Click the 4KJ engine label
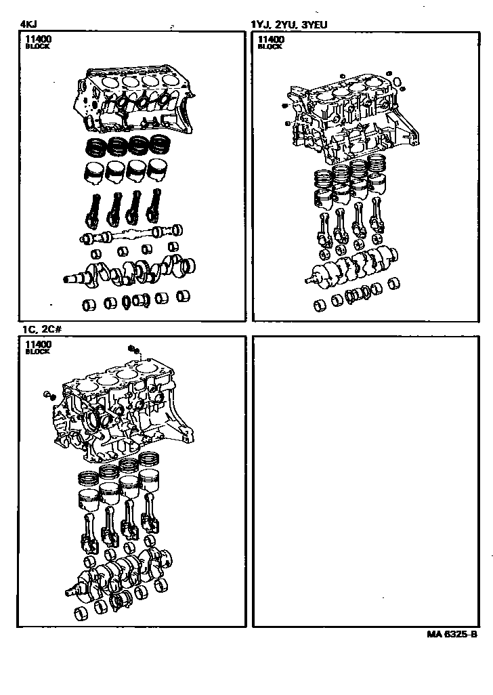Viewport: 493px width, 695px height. pyautogui.click(x=28, y=24)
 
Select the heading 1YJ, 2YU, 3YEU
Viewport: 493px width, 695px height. pyautogui.click(x=288, y=24)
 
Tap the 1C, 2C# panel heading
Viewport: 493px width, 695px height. pyautogui.click(x=41, y=329)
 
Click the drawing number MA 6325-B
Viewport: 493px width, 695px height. pyautogui.click(x=452, y=634)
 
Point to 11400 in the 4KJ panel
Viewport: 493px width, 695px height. pyautogui.click(x=38, y=39)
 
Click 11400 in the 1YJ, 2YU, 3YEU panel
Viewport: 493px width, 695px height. pyautogui.click(x=271, y=39)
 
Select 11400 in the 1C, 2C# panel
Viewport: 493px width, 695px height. pyautogui.click(x=38, y=344)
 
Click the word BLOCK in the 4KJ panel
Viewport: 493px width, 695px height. pyautogui.click(x=38, y=46)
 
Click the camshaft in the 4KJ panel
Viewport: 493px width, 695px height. pyautogui.click(x=131, y=234)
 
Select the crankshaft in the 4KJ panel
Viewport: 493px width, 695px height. pyautogui.click(x=129, y=270)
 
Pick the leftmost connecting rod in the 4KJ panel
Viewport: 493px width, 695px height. pyautogui.click(x=93, y=210)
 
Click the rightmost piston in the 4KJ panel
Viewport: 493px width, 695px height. pyautogui.click(x=157, y=170)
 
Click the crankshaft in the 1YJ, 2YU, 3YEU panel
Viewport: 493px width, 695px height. pyautogui.click(x=351, y=266)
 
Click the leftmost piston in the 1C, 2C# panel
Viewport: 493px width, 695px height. pyautogui.click(x=88, y=501)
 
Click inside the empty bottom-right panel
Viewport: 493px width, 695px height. pyautogui.click(x=366, y=482)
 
